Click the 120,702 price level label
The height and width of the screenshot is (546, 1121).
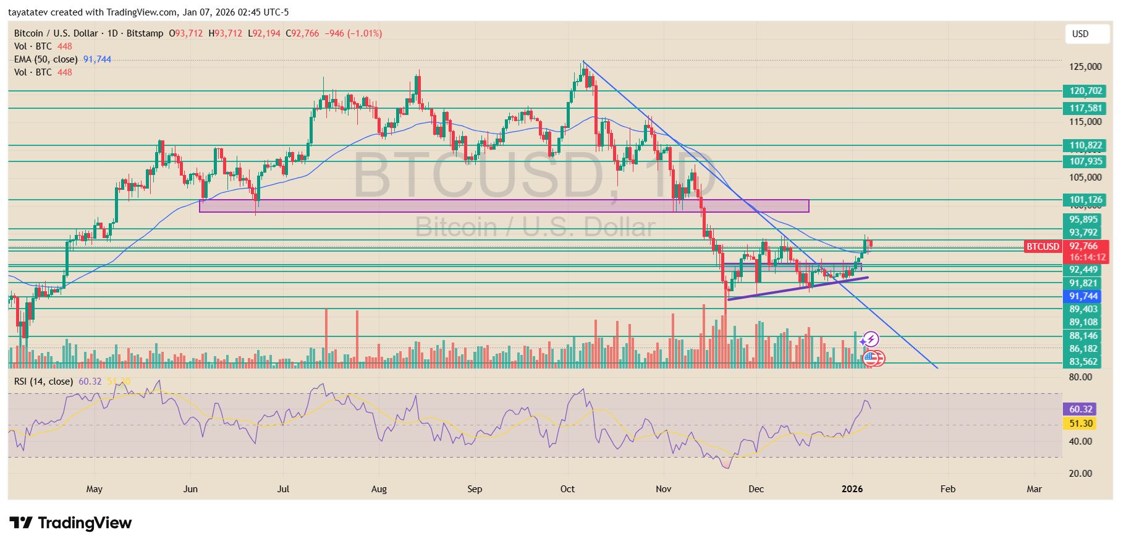(1086, 91)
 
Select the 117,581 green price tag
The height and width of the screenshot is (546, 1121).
(1086, 108)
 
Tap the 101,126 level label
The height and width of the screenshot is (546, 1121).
(1086, 200)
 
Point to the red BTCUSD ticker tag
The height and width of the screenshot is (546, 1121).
(1043, 247)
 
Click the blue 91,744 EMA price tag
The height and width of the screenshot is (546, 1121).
(1083, 296)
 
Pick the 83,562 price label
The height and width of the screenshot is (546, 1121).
(1083, 362)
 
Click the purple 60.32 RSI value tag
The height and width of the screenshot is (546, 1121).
(1080, 409)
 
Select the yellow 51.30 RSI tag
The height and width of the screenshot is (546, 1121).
(1080, 424)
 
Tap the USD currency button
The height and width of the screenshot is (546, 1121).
(1086, 34)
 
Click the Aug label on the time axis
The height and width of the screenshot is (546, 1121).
(379, 489)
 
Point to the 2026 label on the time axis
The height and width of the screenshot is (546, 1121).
(852, 489)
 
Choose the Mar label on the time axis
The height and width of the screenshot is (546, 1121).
(1034, 489)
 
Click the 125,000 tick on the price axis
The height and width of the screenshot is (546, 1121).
(1085, 67)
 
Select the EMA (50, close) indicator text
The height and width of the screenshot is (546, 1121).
(46, 59)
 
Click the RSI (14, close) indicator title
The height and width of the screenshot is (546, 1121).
(43, 382)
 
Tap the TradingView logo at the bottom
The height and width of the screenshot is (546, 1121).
(70, 523)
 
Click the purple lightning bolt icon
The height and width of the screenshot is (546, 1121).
(871, 339)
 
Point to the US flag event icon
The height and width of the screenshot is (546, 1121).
(870, 357)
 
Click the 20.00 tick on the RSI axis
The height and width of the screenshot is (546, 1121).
(1080, 474)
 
